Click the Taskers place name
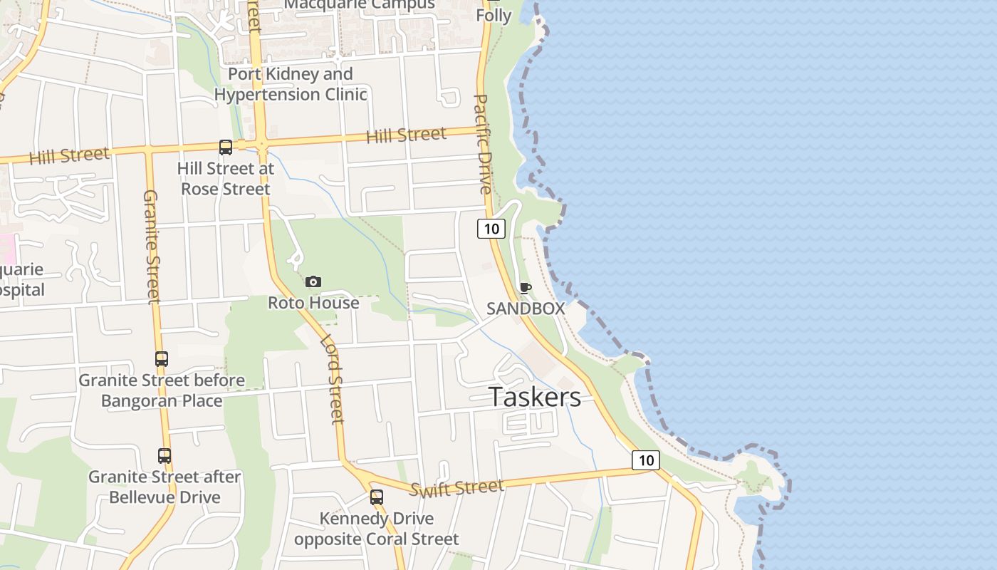[x=534, y=397]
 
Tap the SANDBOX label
[x=526, y=309]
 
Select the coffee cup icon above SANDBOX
[x=526, y=288]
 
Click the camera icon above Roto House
[x=313, y=282]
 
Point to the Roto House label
[x=313, y=303]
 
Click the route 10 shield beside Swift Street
[x=646, y=460]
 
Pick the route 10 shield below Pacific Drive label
[x=491, y=229]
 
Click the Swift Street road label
[x=456, y=488]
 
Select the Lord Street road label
[x=332, y=379]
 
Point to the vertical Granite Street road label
[x=152, y=246]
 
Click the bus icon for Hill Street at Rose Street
[x=226, y=147]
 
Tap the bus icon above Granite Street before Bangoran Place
[x=162, y=359]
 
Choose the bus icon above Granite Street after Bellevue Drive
[x=165, y=456]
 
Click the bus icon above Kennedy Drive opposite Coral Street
[x=377, y=497]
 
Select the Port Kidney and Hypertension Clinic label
[x=291, y=84]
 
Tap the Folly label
[x=494, y=15]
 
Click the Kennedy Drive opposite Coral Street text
[x=377, y=529]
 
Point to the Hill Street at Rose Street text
[x=226, y=179]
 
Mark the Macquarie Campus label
[x=360, y=5]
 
